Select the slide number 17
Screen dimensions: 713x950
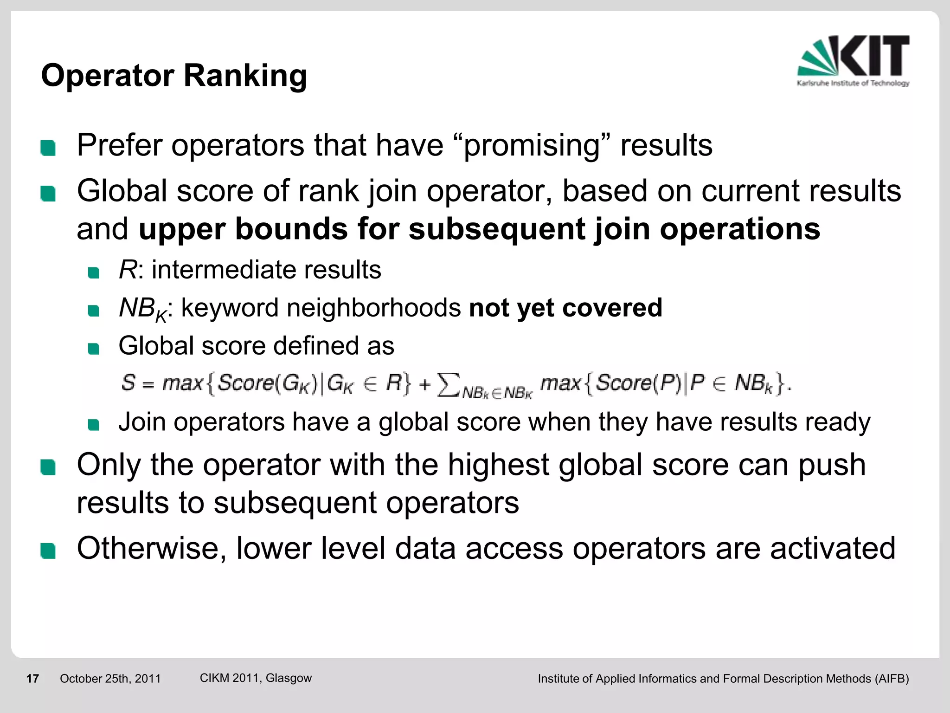[x=32, y=679]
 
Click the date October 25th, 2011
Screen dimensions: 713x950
[x=110, y=679]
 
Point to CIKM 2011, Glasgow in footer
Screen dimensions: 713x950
[x=256, y=678]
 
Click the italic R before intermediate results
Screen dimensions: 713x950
[x=128, y=270]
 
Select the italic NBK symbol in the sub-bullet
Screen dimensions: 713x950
[x=142, y=309]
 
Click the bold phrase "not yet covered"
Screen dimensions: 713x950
[x=565, y=308]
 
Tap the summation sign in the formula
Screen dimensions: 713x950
[x=448, y=384]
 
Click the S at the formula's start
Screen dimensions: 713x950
[x=128, y=383]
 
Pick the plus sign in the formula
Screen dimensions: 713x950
[x=424, y=385]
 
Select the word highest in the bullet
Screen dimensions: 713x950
[x=498, y=465]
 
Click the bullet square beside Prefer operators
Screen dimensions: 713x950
[x=48, y=148]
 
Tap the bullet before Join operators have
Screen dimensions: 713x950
[x=94, y=425]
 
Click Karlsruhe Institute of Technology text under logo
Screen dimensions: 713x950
[x=853, y=83]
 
